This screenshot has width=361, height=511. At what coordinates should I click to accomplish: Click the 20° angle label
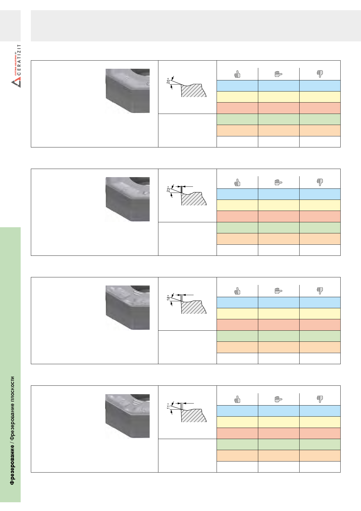click(x=168, y=81)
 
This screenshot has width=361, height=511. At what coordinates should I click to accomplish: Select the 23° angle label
click(x=168, y=189)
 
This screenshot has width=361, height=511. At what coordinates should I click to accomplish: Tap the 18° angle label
click(x=168, y=297)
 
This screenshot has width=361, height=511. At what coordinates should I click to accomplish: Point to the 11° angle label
click(x=168, y=406)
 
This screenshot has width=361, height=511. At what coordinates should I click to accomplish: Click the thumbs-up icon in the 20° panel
click(x=238, y=74)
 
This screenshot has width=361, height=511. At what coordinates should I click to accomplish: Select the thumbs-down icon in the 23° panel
click(x=320, y=182)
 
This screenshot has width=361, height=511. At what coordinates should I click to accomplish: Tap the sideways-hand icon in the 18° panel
click(x=278, y=291)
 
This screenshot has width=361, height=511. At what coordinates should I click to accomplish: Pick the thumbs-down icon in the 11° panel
click(x=320, y=399)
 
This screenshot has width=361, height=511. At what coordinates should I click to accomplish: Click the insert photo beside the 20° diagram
click(x=128, y=91)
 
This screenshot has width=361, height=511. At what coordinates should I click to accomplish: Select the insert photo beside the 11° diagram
click(x=128, y=416)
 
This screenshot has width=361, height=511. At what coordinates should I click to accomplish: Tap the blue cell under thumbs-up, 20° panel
click(x=238, y=86)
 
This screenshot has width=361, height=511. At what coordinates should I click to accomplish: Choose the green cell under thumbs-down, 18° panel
click(x=320, y=336)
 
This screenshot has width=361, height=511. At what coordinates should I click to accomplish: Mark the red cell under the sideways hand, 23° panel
click(x=279, y=216)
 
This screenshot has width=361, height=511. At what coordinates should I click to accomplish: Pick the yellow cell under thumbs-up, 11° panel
click(x=238, y=422)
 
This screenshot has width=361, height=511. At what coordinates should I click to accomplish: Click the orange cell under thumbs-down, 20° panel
click(x=320, y=131)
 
